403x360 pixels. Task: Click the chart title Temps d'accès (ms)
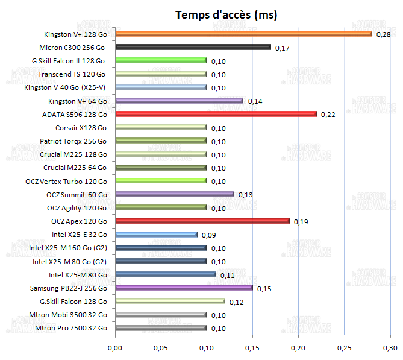[x=226, y=14]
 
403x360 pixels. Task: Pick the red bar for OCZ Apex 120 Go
[x=202, y=221]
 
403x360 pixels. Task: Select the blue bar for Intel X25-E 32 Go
[x=156, y=235]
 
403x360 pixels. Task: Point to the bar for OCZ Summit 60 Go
[x=174, y=194]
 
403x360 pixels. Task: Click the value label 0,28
[x=383, y=34]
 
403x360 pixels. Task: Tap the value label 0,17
[x=282, y=48]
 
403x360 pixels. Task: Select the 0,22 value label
[x=328, y=115]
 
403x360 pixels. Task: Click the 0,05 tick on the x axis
[x=160, y=348]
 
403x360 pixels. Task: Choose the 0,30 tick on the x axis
[x=390, y=348]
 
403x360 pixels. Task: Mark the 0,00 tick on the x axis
[x=114, y=348]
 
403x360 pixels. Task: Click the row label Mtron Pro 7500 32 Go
[x=71, y=328]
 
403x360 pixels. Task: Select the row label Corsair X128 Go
[x=81, y=128]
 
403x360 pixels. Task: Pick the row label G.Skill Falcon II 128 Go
[x=68, y=60]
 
